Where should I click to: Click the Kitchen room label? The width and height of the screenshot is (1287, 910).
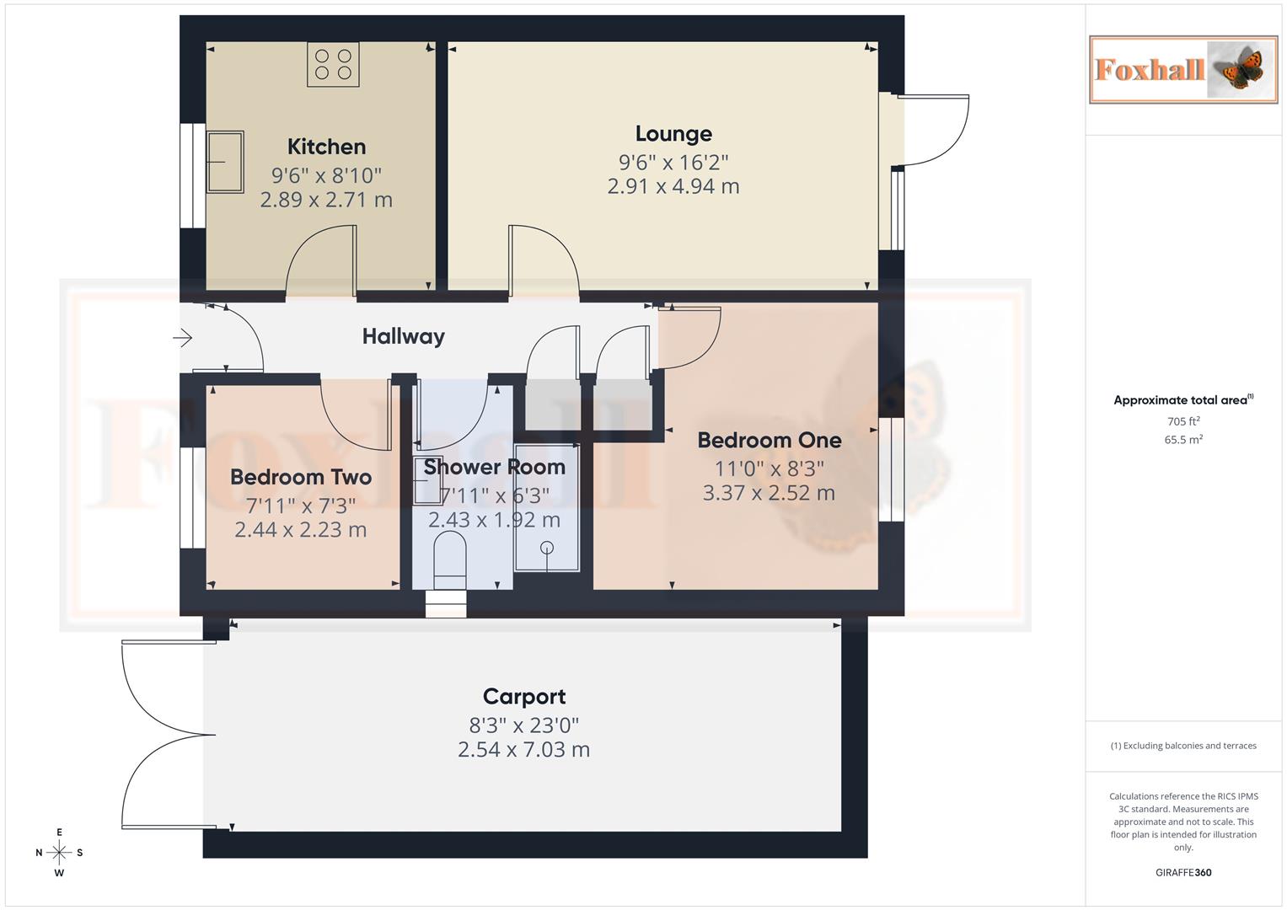[x=326, y=147]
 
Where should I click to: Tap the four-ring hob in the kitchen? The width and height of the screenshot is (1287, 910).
[x=333, y=65]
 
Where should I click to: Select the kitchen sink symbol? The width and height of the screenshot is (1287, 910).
[x=224, y=162]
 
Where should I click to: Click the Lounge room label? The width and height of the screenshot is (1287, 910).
[x=673, y=134]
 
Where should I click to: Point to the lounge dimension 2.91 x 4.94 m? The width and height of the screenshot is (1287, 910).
[x=673, y=186]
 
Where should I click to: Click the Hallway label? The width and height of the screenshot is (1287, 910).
[x=403, y=336]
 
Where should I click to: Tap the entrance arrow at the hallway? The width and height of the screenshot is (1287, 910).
[x=183, y=338]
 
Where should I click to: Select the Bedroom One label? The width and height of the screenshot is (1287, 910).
[x=769, y=440]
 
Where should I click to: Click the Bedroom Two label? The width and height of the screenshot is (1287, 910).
[x=301, y=477]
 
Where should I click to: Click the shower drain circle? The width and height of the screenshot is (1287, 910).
[x=547, y=548]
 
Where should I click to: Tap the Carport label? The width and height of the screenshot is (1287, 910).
[x=524, y=697]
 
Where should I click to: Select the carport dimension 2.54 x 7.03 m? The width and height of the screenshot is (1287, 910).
[x=523, y=749]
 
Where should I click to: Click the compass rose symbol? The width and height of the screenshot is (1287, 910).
[x=59, y=852]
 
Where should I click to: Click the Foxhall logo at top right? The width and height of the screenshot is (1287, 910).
[x=1182, y=69]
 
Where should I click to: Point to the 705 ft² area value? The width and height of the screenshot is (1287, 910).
[x=1182, y=421]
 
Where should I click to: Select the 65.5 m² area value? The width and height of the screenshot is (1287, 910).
[x=1182, y=440]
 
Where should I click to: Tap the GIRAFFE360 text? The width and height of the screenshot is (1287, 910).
[x=1182, y=873]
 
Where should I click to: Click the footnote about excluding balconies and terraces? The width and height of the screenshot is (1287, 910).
[x=1182, y=746]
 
